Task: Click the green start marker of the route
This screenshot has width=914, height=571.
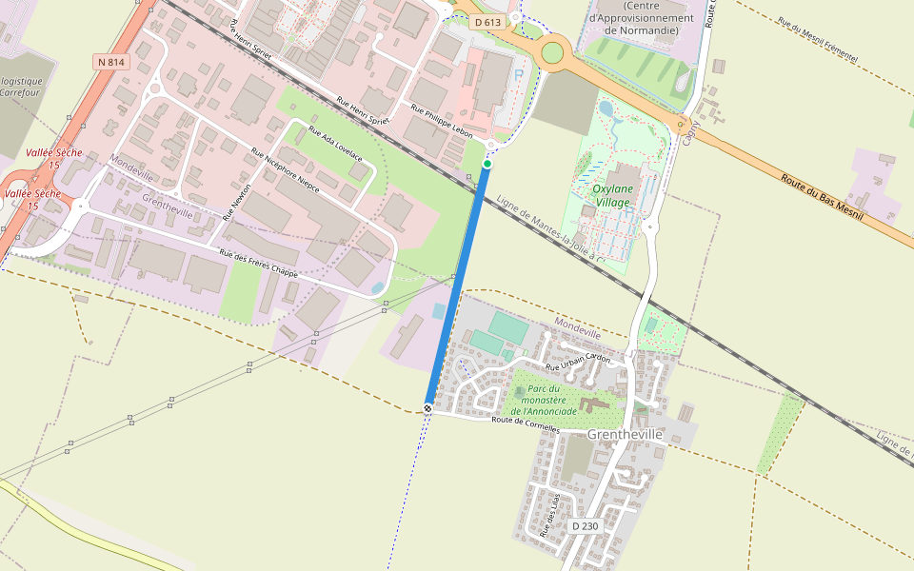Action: tap(487, 165)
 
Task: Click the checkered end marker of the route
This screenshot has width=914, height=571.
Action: tap(428, 408)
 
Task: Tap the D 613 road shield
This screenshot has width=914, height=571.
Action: tap(487, 21)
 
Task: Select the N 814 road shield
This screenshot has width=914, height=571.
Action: tap(110, 62)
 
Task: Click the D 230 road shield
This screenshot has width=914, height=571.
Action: tap(585, 525)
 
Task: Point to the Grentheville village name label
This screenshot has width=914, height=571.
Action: tap(625, 434)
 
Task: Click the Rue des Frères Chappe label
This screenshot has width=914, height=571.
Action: tap(258, 264)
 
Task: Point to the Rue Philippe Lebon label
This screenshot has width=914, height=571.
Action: tap(441, 123)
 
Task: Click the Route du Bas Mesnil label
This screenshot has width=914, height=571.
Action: tap(821, 198)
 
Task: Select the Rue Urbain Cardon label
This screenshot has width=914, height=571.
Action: tap(577, 363)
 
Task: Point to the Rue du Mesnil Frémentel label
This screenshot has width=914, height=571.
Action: tap(817, 40)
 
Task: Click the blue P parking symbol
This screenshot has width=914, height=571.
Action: tap(519, 74)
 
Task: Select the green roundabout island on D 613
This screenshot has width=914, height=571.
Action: tap(552, 52)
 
